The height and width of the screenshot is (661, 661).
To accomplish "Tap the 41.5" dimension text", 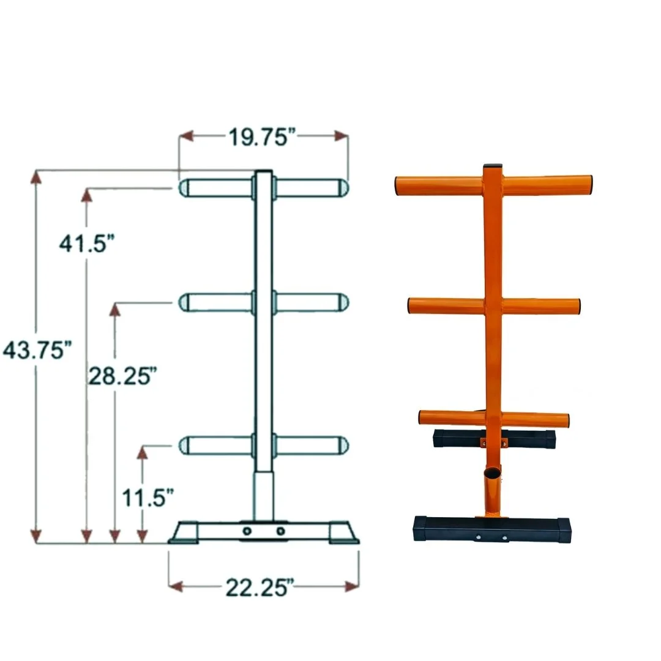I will [x=86, y=243].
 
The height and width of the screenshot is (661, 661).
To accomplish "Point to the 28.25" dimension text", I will [x=119, y=375].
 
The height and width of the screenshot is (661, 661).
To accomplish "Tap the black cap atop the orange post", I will [x=492, y=167].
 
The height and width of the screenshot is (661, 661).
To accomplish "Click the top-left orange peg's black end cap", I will [x=398, y=186].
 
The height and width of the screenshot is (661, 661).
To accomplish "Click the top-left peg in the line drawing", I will [x=214, y=188].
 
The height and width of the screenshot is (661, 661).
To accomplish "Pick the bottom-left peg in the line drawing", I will [x=214, y=445].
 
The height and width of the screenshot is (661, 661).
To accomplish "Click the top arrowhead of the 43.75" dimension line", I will [x=37, y=177].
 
